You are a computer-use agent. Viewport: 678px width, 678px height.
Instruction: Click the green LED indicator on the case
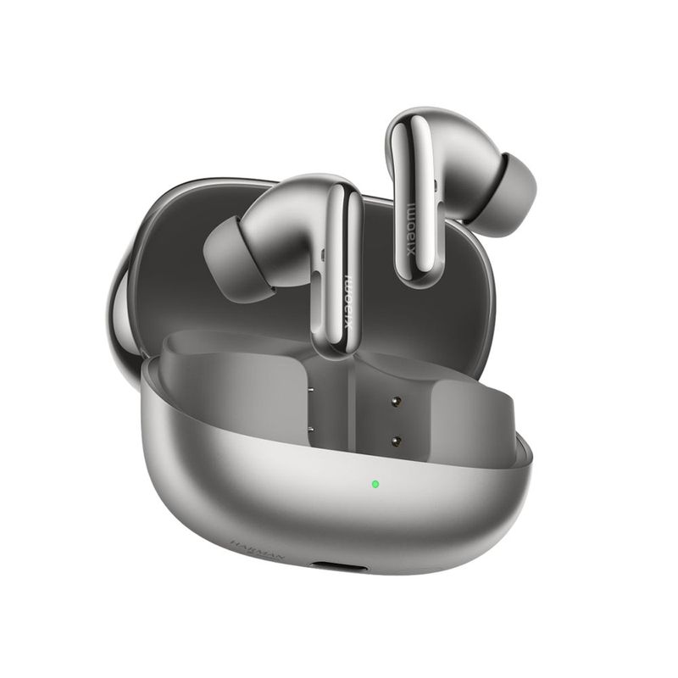click(375, 486)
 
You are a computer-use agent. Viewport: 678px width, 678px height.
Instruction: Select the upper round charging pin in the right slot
click(396, 397)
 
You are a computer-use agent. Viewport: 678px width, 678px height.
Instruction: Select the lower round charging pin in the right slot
click(396, 438)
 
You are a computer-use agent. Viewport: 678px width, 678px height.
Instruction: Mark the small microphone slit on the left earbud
click(325, 253)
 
